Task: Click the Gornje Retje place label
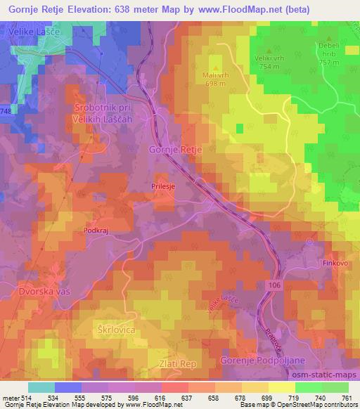click(176, 150)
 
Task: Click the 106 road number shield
click(274, 285)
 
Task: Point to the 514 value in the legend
click(25, 397)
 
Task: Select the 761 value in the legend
click(348, 397)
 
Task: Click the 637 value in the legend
click(186, 397)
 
